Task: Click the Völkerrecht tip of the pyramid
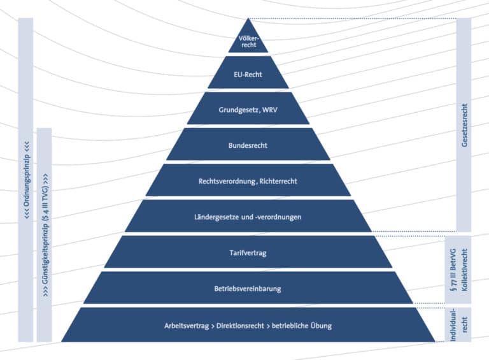click(248, 41)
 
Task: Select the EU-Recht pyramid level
click(248, 74)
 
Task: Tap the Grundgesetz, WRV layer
click(248, 109)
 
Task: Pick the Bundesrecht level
click(248, 145)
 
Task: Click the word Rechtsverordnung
click(226, 181)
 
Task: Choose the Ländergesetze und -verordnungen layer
click(248, 217)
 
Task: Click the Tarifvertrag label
click(248, 253)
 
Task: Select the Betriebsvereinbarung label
click(248, 289)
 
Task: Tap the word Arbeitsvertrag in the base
click(185, 326)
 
